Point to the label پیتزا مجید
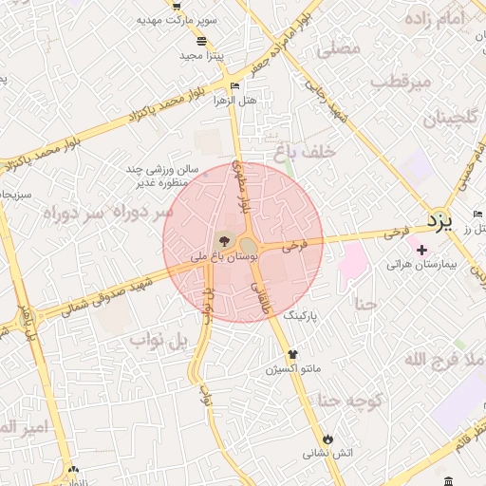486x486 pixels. [201, 56]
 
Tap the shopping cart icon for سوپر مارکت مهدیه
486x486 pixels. [177, 5]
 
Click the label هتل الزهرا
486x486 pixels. [236, 100]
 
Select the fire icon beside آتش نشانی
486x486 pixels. [328, 439]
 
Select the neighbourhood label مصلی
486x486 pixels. [338, 47]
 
